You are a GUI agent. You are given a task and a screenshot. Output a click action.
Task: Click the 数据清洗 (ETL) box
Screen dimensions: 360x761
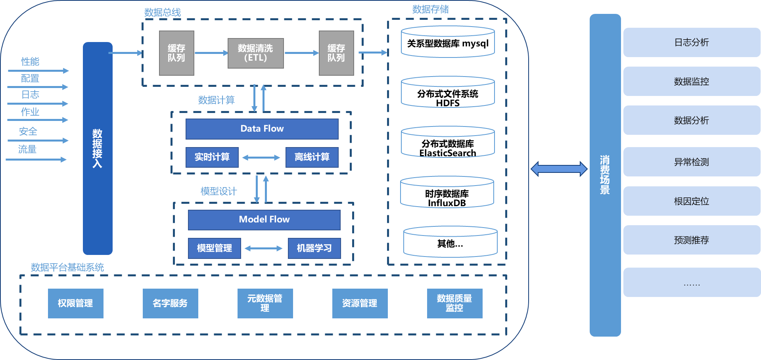click(x=255, y=53)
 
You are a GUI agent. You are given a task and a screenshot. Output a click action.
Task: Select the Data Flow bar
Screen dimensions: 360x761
click(x=262, y=129)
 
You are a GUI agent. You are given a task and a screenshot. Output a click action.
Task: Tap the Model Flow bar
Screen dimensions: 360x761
click(x=264, y=220)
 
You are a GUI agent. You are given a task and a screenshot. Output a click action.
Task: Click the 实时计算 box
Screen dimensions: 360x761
click(x=212, y=157)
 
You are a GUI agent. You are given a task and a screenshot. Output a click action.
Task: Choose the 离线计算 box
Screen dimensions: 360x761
click(x=312, y=157)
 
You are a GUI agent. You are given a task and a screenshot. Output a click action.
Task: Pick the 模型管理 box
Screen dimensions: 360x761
click(x=214, y=248)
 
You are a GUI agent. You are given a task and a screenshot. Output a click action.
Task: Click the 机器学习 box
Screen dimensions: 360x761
click(x=314, y=248)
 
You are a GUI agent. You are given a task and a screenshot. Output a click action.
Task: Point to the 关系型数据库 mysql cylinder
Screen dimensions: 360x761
click(x=448, y=42)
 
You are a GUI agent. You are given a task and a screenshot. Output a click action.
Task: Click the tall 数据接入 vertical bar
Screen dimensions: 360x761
click(x=98, y=148)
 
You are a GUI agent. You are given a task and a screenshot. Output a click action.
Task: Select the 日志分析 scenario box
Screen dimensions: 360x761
click(x=692, y=42)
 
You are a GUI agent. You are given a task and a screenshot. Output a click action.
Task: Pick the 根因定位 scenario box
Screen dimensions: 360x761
click(x=692, y=201)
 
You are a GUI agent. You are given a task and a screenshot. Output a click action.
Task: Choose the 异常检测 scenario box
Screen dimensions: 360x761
click(x=692, y=162)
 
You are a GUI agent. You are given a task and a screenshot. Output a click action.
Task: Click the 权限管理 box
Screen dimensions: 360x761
click(x=75, y=303)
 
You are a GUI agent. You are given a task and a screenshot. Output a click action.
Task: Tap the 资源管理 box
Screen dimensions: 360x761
click(x=360, y=303)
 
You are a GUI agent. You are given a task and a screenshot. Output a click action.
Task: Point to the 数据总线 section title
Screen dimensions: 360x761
click(x=162, y=12)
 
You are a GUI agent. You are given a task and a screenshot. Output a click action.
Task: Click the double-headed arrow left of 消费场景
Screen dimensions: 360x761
click(x=559, y=169)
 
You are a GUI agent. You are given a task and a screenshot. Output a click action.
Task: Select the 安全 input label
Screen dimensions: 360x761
click(x=28, y=131)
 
